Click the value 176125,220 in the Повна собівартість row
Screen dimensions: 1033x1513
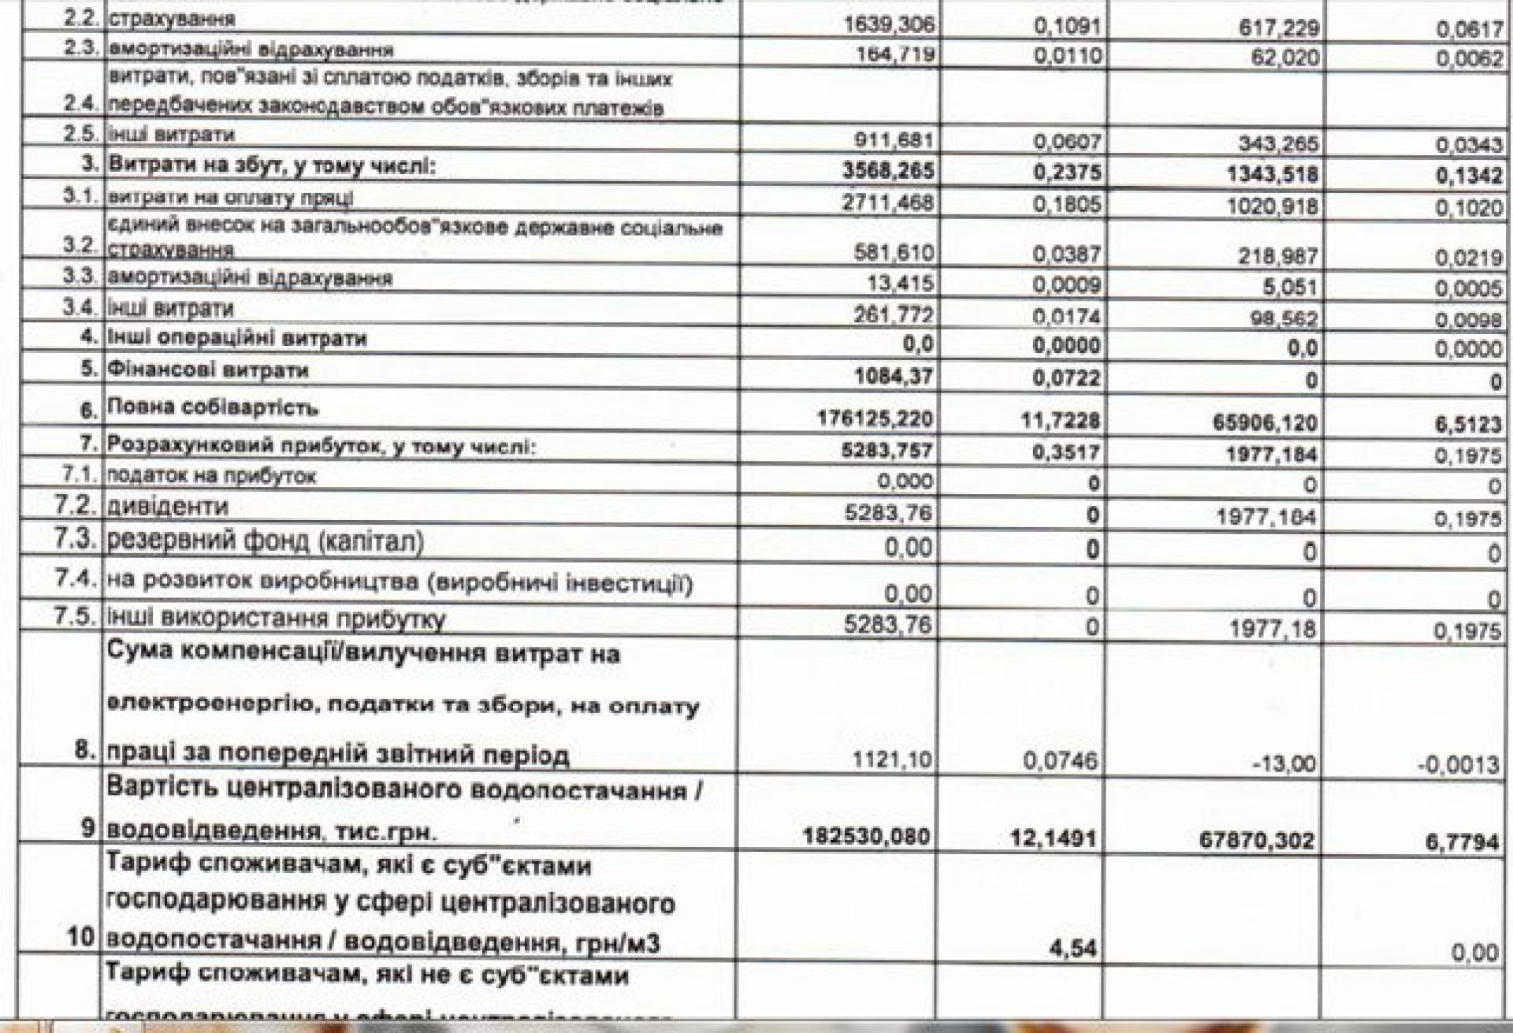pos(874,421)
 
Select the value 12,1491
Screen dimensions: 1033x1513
pos(1054,838)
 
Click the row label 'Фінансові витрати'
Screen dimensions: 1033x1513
pos(207,370)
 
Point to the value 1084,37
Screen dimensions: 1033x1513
pos(894,377)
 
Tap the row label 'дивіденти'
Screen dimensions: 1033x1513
pos(167,506)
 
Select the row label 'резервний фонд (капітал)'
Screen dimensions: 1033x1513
pos(265,542)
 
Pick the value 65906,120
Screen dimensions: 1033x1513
pos(1266,423)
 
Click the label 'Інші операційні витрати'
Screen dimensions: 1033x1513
pos(237,340)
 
